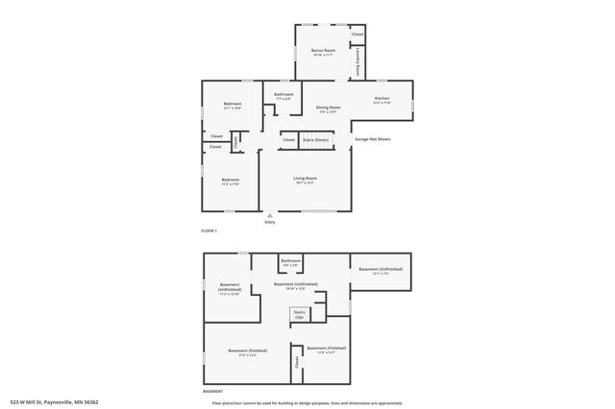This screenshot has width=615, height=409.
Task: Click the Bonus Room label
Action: (323, 50)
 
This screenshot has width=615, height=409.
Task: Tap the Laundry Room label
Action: (359, 64)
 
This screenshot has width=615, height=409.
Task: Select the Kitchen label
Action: (381, 99)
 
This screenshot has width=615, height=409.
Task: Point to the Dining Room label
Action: (329, 108)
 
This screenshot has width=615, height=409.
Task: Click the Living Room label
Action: (305, 179)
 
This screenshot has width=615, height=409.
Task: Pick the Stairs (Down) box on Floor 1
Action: (315, 140)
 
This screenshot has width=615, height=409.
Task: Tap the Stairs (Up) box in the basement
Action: (299, 314)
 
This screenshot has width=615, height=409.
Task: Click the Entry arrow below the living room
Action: (270, 214)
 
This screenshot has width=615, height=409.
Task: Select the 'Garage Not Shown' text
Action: (373, 140)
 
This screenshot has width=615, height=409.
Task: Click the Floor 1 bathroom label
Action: (283, 94)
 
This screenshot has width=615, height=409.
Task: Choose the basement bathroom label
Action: (290, 261)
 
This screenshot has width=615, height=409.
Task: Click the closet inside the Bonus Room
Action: (357, 35)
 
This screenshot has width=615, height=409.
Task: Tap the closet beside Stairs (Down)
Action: (289, 140)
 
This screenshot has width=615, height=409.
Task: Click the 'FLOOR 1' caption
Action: (209, 231)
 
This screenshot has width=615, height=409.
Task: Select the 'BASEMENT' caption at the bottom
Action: (212, 392)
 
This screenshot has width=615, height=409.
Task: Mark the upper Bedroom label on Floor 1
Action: (232, 104)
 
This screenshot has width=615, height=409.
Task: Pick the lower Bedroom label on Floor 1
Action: (231, 180)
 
